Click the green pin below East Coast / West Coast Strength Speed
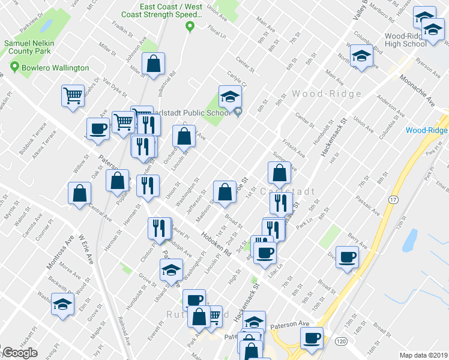(x=190, y=26)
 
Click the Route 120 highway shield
(x=341, y=341)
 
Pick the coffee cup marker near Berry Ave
(x=346, y=258)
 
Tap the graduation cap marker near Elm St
(x=62, y=304)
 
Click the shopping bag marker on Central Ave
(x=79, y=194)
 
